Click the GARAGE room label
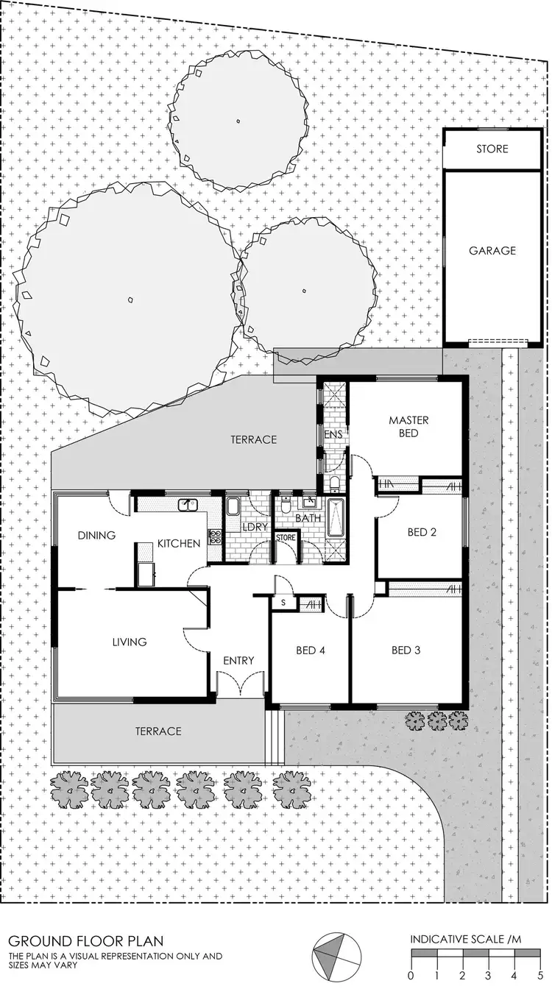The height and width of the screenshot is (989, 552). [492, 250]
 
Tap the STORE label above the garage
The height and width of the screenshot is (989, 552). [492, 149]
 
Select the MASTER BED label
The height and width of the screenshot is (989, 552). [408, 427]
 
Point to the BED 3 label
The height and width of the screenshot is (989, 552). [406, 650]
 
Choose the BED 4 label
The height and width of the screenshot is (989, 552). [311, 650]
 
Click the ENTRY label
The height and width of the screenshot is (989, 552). [238, 660]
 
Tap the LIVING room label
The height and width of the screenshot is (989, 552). [130, 642]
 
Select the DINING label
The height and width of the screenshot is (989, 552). [96, 535]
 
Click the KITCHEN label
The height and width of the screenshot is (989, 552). [179, 544]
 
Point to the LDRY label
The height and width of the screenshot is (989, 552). [254, 527]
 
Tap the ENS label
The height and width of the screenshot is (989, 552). [333, 435]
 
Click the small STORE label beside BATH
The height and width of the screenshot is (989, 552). [285, 538]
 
